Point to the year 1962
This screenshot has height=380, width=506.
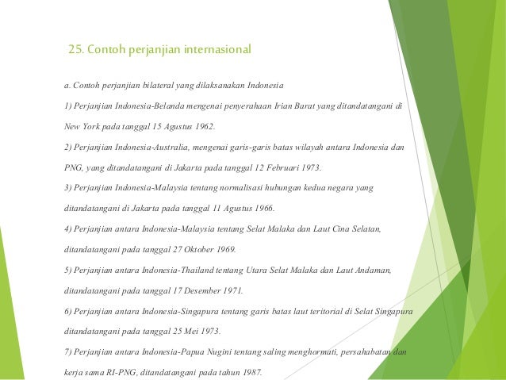point(203,126)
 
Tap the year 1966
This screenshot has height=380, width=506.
point(263,209)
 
